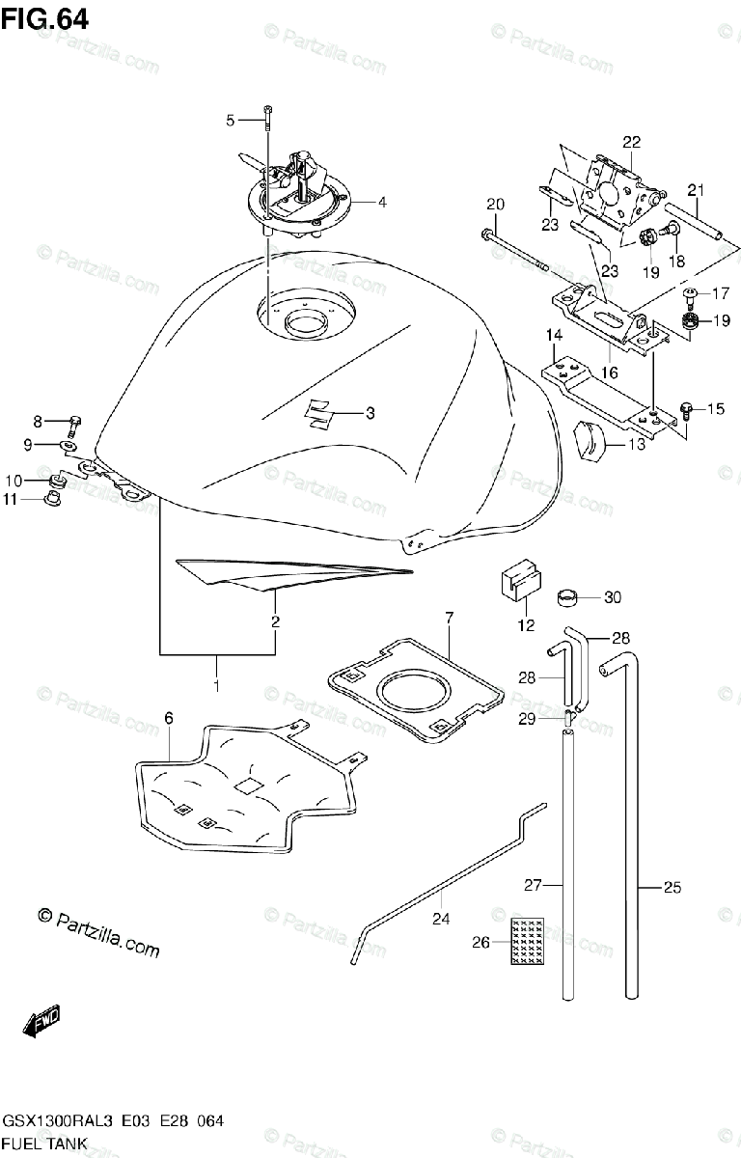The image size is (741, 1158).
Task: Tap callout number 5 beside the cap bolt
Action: [231, 121]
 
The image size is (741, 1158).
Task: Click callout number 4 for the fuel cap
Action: [382, 203]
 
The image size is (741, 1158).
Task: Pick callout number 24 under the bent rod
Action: [441, 920]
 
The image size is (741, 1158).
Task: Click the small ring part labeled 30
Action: [571, 598]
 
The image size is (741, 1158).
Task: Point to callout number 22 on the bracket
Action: [631, 142]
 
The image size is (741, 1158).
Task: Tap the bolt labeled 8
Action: [75, 422]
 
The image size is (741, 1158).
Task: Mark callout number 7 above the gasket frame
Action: [449, 617]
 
